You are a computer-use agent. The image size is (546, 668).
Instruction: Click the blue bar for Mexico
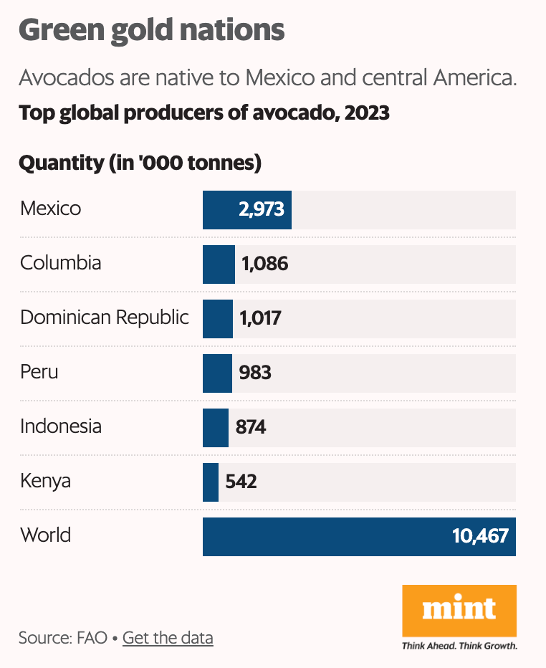247,210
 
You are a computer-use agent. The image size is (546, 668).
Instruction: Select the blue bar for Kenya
211,482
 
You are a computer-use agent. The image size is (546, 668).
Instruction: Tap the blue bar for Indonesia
216,428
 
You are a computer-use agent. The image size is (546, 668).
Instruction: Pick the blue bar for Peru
217,373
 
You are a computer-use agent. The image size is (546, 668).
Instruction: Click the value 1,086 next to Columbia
264,264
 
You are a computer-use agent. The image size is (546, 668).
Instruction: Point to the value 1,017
260,318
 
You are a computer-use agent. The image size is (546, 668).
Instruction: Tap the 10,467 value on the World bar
480,536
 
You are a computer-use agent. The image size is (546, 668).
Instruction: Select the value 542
241,482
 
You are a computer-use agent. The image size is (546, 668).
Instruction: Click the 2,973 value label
261,209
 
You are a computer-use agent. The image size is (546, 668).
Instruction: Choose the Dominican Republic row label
105,318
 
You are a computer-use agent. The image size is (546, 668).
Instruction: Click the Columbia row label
60,263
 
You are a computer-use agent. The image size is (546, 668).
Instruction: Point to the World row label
46,535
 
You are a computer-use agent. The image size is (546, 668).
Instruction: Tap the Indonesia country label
61,426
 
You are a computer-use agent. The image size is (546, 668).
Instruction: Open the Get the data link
168,638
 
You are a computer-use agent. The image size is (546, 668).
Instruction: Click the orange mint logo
459,611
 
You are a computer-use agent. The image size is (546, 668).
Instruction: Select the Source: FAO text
62,638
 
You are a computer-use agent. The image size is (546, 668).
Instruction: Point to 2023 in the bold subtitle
367,113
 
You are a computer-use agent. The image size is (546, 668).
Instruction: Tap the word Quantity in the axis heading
62,163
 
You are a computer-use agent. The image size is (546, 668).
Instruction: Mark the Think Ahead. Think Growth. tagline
459,646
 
